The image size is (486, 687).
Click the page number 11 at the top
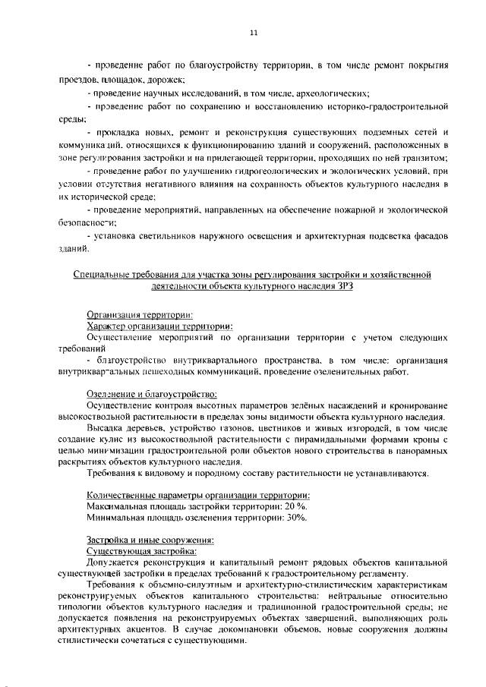(254, 33)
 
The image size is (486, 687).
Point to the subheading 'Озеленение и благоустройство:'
(151, 394)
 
